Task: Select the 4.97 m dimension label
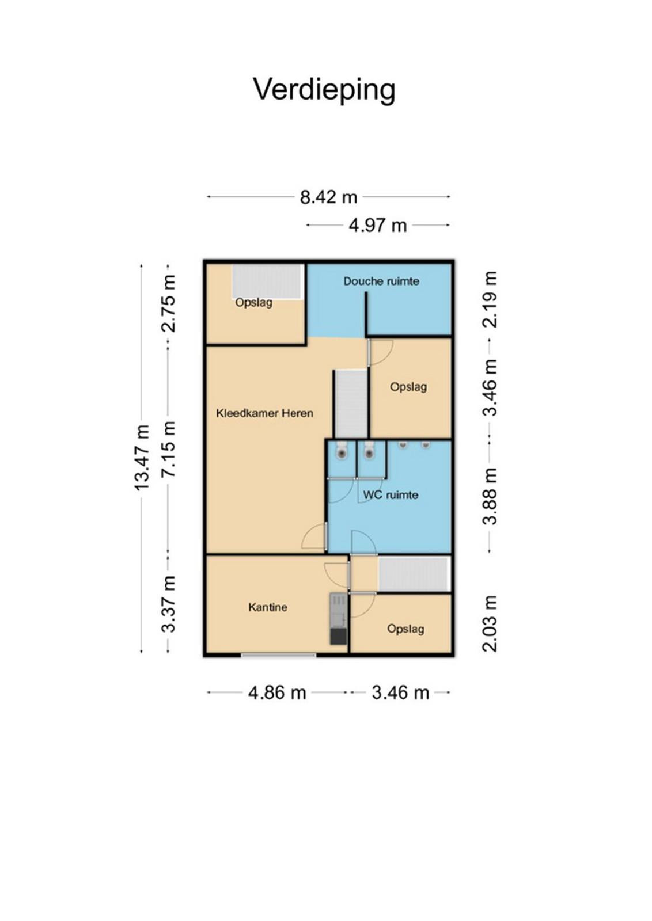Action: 378,226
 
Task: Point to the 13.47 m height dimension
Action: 142,457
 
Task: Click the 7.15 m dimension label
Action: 169,448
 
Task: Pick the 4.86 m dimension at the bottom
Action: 277,693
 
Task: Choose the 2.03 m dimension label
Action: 490,623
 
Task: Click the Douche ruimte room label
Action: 381,281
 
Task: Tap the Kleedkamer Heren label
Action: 264,413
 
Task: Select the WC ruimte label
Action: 391,494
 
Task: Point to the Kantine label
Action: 268,607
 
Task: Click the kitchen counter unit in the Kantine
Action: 339,618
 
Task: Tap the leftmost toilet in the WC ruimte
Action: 342,450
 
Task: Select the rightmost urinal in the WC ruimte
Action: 425,444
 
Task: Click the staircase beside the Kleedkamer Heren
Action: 350,404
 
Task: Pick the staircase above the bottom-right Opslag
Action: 413,574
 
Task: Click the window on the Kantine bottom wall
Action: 279,654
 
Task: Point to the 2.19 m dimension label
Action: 490,299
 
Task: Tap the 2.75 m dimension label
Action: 169,303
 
